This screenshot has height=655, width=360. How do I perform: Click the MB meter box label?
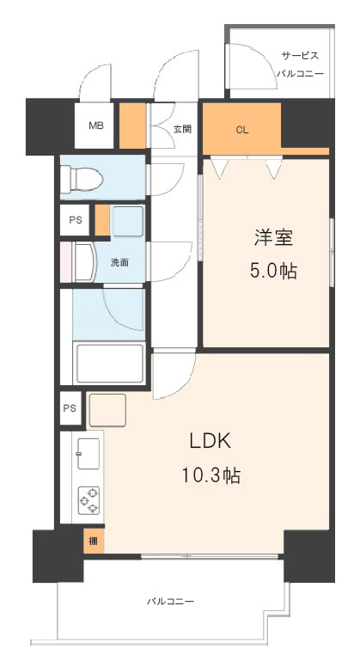[x=95, y=125]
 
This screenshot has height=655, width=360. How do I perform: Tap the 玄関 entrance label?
[x=182, y=129]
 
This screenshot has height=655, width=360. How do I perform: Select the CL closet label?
[x=242, y=130]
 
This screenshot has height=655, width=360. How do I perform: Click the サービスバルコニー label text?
[x=300, y=64]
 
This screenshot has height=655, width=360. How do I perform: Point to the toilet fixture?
[x=82, y=179]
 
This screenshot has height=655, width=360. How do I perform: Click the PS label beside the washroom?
[x=76, y=220]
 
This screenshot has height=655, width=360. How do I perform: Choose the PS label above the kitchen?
[x=70, y=408]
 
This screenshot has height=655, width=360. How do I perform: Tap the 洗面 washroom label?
[x=119, y=262]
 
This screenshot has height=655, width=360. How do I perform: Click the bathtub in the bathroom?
[x=109, y=364]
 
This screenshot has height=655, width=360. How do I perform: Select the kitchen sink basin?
[x=88, y=454]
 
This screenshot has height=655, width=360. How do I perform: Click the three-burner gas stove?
[x=89, y=500]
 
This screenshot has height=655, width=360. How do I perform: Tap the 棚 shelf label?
[x=93, y=542]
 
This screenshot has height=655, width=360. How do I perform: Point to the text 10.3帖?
[x=211, y=475]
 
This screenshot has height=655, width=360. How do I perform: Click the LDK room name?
[x=211, y=441]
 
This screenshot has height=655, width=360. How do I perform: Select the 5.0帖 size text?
[x=273, y=272]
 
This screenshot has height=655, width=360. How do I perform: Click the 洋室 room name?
[x=273, y=238]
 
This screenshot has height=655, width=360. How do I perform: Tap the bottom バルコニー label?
[x=170, y=602]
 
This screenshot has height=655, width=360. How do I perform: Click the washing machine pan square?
[x=128, y=222]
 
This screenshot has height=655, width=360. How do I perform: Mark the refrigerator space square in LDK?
[x=107, y=410]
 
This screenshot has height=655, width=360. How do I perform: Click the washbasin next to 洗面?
[x=85, y=263]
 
